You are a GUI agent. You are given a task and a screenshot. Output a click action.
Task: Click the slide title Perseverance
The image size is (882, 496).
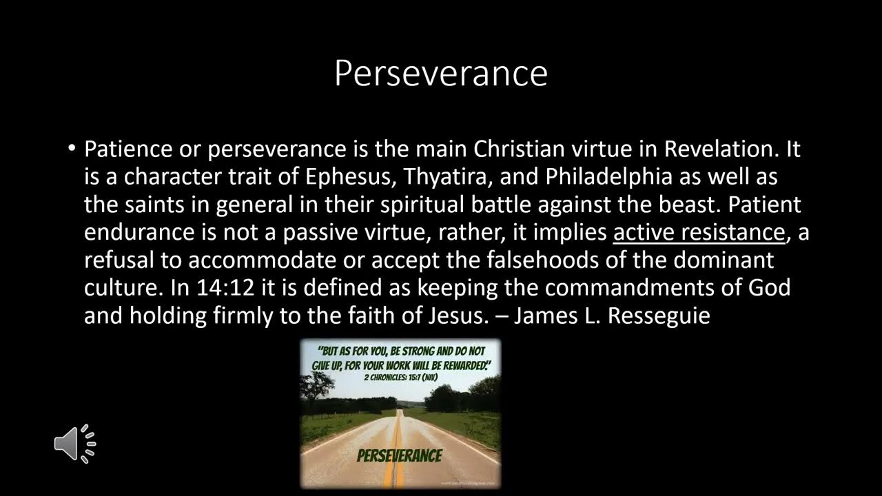tap(440, 74)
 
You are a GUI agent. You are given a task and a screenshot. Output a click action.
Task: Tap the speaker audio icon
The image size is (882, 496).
tap(74, 443)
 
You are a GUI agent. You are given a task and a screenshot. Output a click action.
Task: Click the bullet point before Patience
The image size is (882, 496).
tap(72, 149)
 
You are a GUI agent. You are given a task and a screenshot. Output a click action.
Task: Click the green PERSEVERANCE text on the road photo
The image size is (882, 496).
tap(399, 455)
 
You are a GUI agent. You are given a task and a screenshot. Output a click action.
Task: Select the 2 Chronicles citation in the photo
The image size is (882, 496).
tap(400, 378)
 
